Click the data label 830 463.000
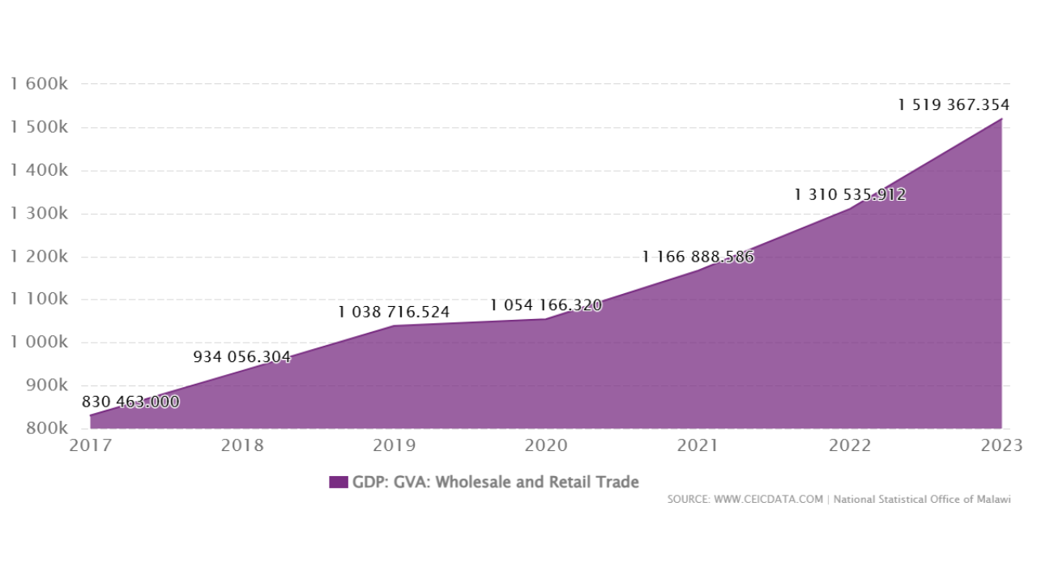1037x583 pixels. click(130, 402)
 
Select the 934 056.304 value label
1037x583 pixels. click(241, 356)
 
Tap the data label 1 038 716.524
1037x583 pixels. click(394, 312)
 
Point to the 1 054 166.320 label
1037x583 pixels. click(545, 305)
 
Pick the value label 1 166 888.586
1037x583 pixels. click(698, 257)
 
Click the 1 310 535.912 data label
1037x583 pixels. click(850, 194)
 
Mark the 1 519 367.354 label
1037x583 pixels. click(954, 104)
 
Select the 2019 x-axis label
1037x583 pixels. click(394, 445)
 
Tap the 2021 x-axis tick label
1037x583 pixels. click(698, 445)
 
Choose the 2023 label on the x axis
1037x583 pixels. click(1001, 445)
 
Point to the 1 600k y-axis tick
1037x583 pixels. click(39, 84)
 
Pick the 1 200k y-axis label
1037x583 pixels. click(39, 257)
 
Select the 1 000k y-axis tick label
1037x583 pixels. click(39, 343)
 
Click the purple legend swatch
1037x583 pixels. click(338, 483)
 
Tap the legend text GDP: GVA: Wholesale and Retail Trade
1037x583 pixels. click(495, 483)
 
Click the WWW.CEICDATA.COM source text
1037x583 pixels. click(768, 500)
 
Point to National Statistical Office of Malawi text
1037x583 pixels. click(922, 500)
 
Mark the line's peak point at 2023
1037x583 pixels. click(1001, 119)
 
